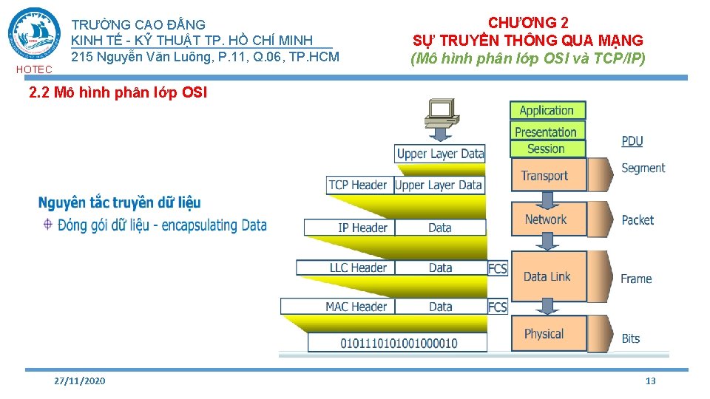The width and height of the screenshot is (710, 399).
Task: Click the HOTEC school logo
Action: pyautogui.click(x=34, y=35)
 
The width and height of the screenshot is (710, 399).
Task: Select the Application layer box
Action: pyautogui.click(x=547, y=110)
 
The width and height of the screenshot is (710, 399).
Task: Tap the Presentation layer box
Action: pyautogui.click(x=547, y=132)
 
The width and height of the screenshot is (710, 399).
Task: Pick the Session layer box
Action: pyautogui.click(x=547, y=149)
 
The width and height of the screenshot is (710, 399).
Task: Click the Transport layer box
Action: pyautogui.click(x=547, y=176)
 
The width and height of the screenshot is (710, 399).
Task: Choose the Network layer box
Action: pyautogui.click(x=547, y=219)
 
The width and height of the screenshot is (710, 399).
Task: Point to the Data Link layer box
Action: pyautogui.click(x=547, y=276)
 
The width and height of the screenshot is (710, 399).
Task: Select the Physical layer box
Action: pyautogui.click(x=547, y=334)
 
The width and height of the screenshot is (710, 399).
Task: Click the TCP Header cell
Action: pyautogui.click(x=359, y=185)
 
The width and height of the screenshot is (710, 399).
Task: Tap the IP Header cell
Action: pyautogui.click(x=362, y=228)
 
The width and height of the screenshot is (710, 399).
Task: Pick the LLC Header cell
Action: pyautogui.click(x=359, y=267)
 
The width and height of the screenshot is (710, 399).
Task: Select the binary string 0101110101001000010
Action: pyautogui.click(x=399, y=343)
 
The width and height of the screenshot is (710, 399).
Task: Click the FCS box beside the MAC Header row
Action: pyautogui.click(x=498, y=307)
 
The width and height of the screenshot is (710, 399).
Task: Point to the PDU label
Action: pyautogui.click(x=632, y=141)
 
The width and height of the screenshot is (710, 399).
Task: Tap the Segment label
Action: pyautogui.click(x=643, y=168)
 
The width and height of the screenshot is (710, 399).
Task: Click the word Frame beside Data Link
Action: pyautogui.click(x=636, y=279)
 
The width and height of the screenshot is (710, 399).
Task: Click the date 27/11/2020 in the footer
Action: pyautogui.click(x=80, y=381)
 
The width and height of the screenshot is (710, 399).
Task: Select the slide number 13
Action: pyautogui.click(x=651, y=381)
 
